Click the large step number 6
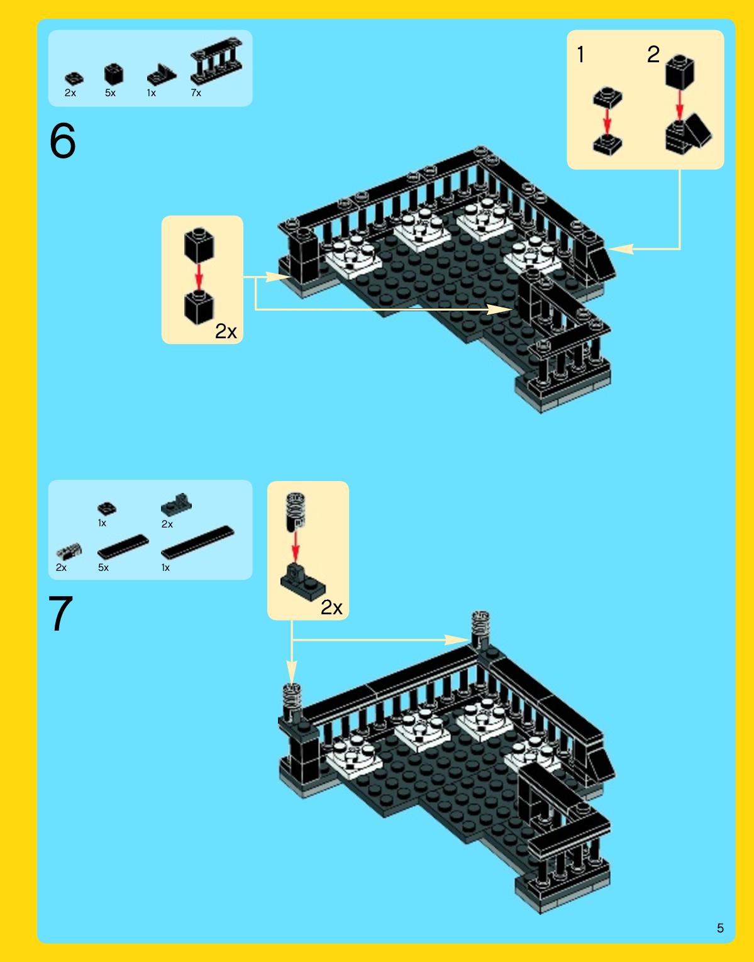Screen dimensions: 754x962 point(62,141)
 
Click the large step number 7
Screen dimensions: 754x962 point(60,614)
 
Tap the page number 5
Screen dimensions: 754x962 point(720,928)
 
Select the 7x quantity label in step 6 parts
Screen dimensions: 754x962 point(196,93)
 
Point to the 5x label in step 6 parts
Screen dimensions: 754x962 point(110,93)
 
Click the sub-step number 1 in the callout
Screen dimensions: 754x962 point(581,55)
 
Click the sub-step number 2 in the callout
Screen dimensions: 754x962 point(653,55)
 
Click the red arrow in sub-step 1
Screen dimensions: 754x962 point(607,119)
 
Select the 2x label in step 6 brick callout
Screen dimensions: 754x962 point(226,331)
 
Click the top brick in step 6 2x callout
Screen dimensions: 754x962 point(199,244)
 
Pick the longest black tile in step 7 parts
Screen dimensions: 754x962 point(197,542)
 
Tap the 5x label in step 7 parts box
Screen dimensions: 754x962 point(103,568)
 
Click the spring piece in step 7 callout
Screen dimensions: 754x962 point(296,511)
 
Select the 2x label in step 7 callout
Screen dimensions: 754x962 point(331,607)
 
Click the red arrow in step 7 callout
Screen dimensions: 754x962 point(296,548)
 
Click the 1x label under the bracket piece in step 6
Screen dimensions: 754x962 point(152,93)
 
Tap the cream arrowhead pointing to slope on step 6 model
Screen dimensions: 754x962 point(621,249)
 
